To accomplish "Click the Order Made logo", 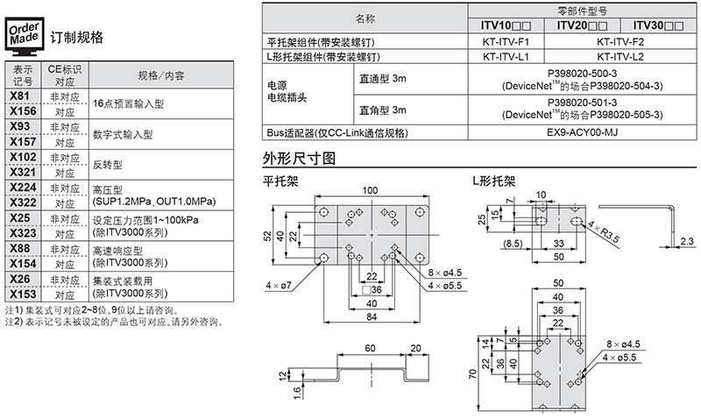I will [x=23, y=36].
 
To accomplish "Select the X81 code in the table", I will [x=21, y=96].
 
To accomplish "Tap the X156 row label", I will [x=21, y=111].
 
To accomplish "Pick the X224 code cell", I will [x=21, y=188].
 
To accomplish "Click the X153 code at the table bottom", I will [x=21, y=294].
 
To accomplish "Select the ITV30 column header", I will [x=657, y=26].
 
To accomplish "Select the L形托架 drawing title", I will [x=492, y=181].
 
